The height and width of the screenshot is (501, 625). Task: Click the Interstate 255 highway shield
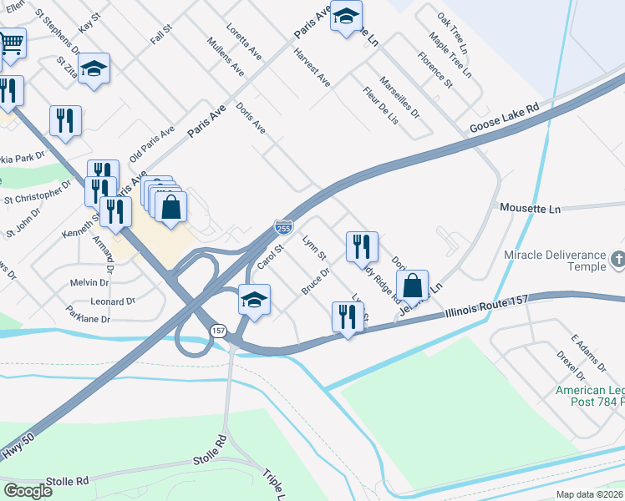pos(283,227)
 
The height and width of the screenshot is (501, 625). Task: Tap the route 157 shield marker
pos(218,331)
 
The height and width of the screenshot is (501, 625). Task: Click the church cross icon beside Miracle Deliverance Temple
pos(617,258)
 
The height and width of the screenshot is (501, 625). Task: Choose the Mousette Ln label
pos(530,209)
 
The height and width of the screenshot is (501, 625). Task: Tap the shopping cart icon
pos(11,43)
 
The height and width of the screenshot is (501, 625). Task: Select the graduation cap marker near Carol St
pos(254,300)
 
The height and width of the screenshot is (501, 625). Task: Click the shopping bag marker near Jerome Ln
pos(413,285)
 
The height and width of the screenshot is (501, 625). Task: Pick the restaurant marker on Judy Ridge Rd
pos(362,246)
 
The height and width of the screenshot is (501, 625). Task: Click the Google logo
pos(28,491)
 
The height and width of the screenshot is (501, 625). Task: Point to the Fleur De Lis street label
pos(380,106)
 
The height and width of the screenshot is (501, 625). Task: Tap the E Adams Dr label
pos(587,353)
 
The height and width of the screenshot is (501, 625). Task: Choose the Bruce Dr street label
pos(315,281)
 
